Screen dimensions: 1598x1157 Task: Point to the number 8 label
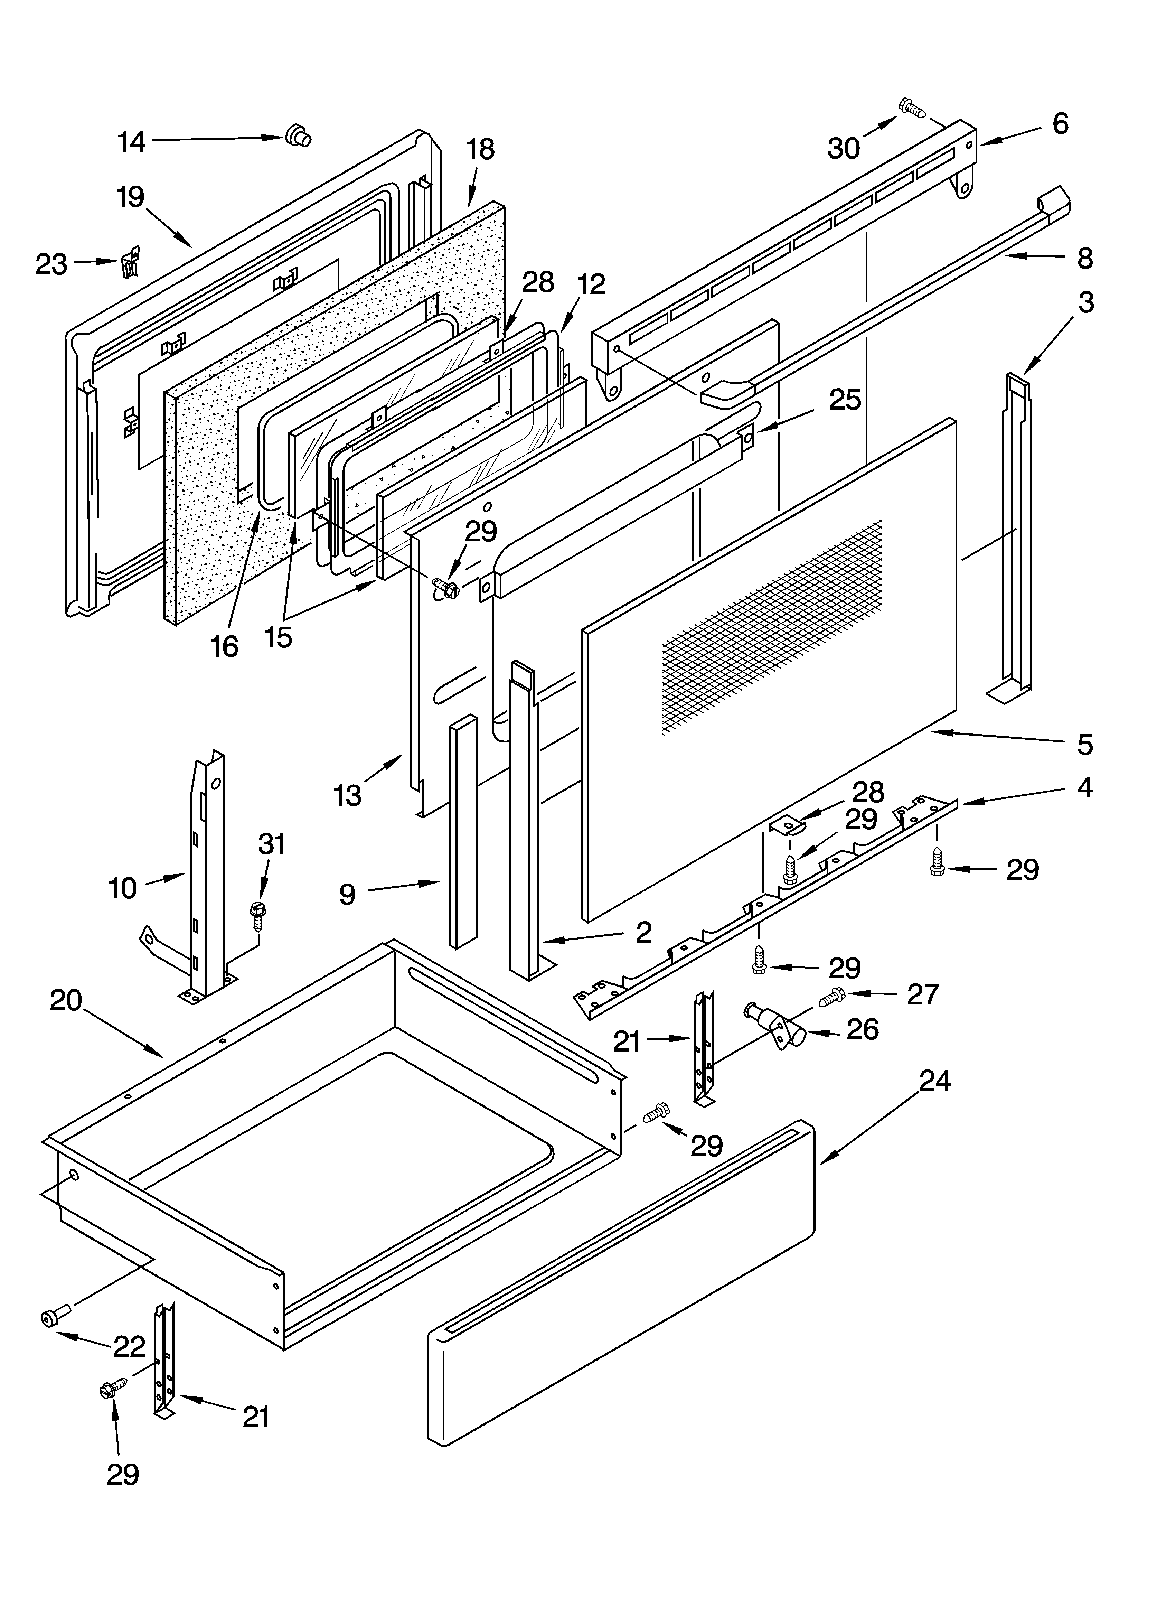[1085, 259]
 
